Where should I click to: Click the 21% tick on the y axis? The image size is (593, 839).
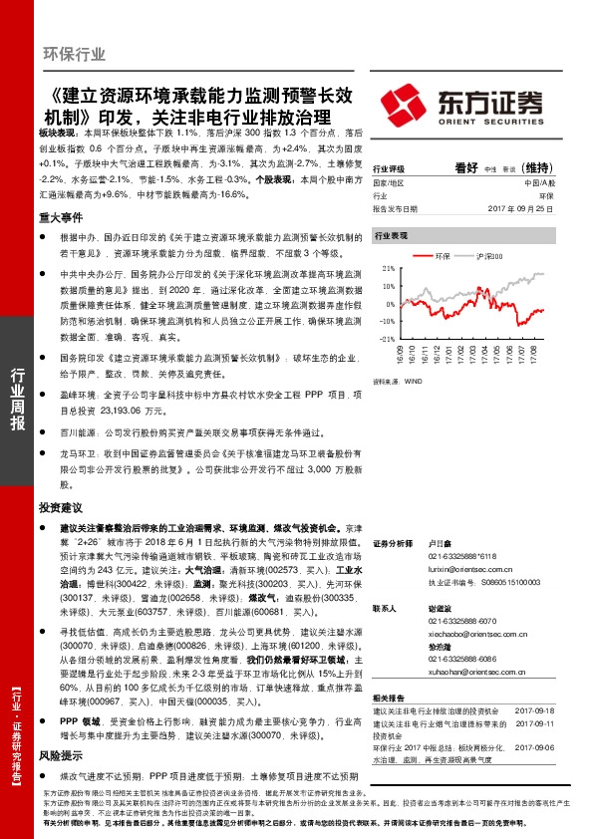point(389,268)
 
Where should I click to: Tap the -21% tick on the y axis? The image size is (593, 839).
point(388,339)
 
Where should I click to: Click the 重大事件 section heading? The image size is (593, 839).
point(61,216)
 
